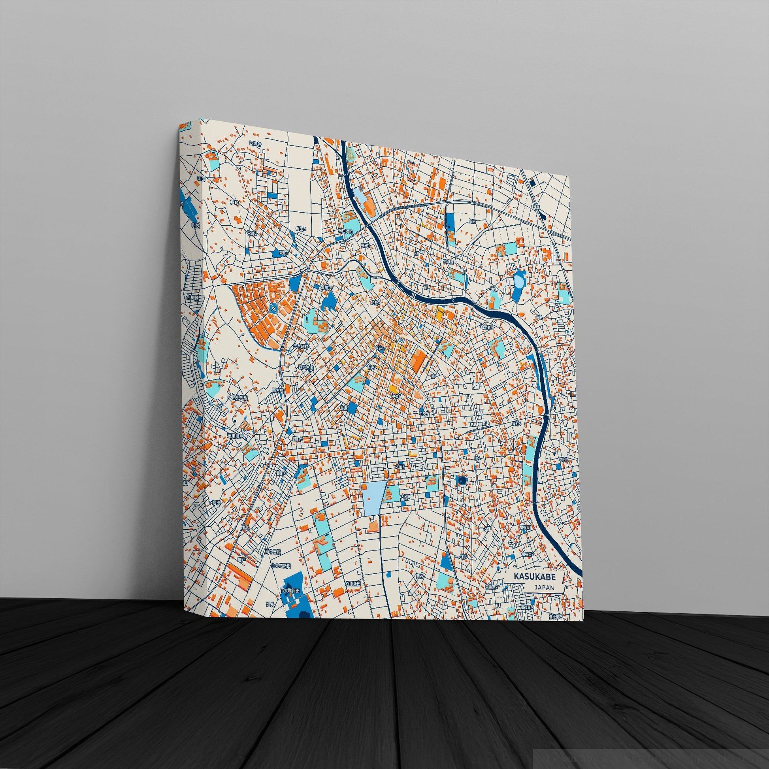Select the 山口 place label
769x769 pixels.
point(202,179)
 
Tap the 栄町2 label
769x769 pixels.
point(252,233)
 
